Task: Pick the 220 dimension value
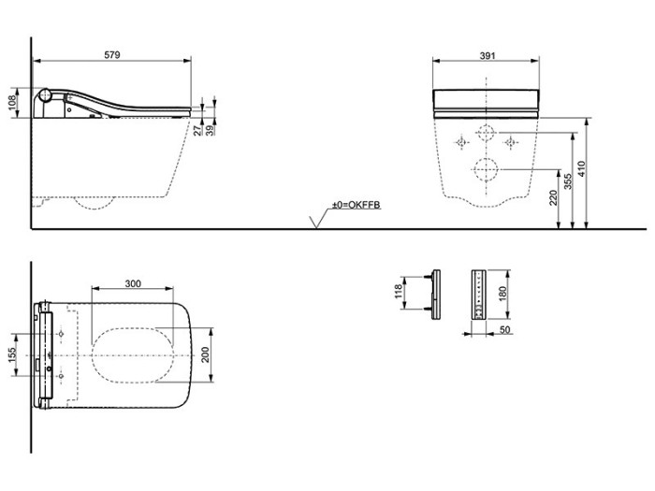click(553, 198)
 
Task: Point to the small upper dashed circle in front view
click(487, 132)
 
